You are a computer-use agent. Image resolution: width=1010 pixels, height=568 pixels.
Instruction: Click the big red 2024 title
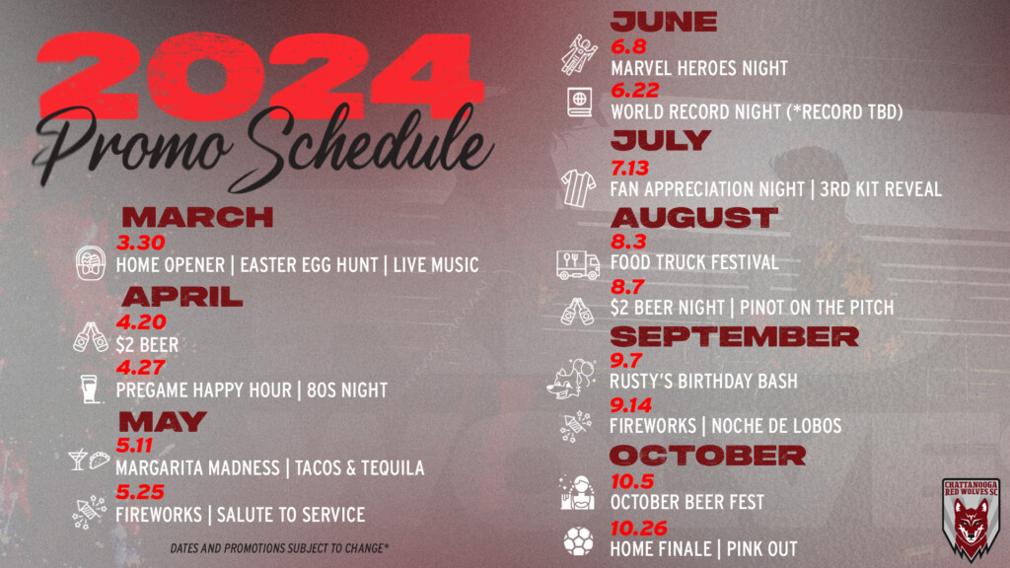coord(260,77)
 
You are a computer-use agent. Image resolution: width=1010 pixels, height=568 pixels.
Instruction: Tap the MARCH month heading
coord(197,217)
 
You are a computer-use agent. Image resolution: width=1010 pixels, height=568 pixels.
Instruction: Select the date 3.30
coord(140,243)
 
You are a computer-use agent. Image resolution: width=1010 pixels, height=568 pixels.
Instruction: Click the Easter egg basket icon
coord(90,262)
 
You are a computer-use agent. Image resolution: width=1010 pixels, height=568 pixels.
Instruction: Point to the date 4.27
coord(140,367)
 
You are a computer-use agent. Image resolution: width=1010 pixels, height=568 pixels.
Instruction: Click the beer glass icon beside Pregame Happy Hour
coord(90,389)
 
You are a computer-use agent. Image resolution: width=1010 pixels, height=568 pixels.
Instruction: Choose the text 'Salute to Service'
coord(291,515)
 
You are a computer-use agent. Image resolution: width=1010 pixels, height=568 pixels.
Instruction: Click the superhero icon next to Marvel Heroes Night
coord(578,55)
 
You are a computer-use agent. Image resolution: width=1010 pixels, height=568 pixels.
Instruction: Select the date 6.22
coord(634,90)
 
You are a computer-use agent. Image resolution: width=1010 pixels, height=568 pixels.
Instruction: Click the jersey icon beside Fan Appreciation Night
coord(578,188)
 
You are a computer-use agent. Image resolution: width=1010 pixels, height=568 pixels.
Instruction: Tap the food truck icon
coord(578,264)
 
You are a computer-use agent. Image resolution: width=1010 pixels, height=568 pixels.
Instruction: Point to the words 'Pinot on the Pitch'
coord(817,308)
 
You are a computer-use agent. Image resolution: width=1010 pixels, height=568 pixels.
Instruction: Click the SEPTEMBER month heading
coord(734,336)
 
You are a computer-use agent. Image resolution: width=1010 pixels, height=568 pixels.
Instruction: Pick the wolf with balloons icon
coord(571,379)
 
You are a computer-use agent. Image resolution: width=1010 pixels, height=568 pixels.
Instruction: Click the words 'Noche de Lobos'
coord(776,426)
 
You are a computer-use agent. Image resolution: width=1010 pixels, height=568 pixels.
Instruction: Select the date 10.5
coord(632,481)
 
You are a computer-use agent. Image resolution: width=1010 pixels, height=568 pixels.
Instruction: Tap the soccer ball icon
coord(578,541)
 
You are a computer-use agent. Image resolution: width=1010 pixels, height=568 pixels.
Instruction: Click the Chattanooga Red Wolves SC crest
coord(971,519)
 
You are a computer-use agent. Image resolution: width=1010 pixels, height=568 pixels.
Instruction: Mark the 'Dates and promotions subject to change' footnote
coord(279,548)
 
